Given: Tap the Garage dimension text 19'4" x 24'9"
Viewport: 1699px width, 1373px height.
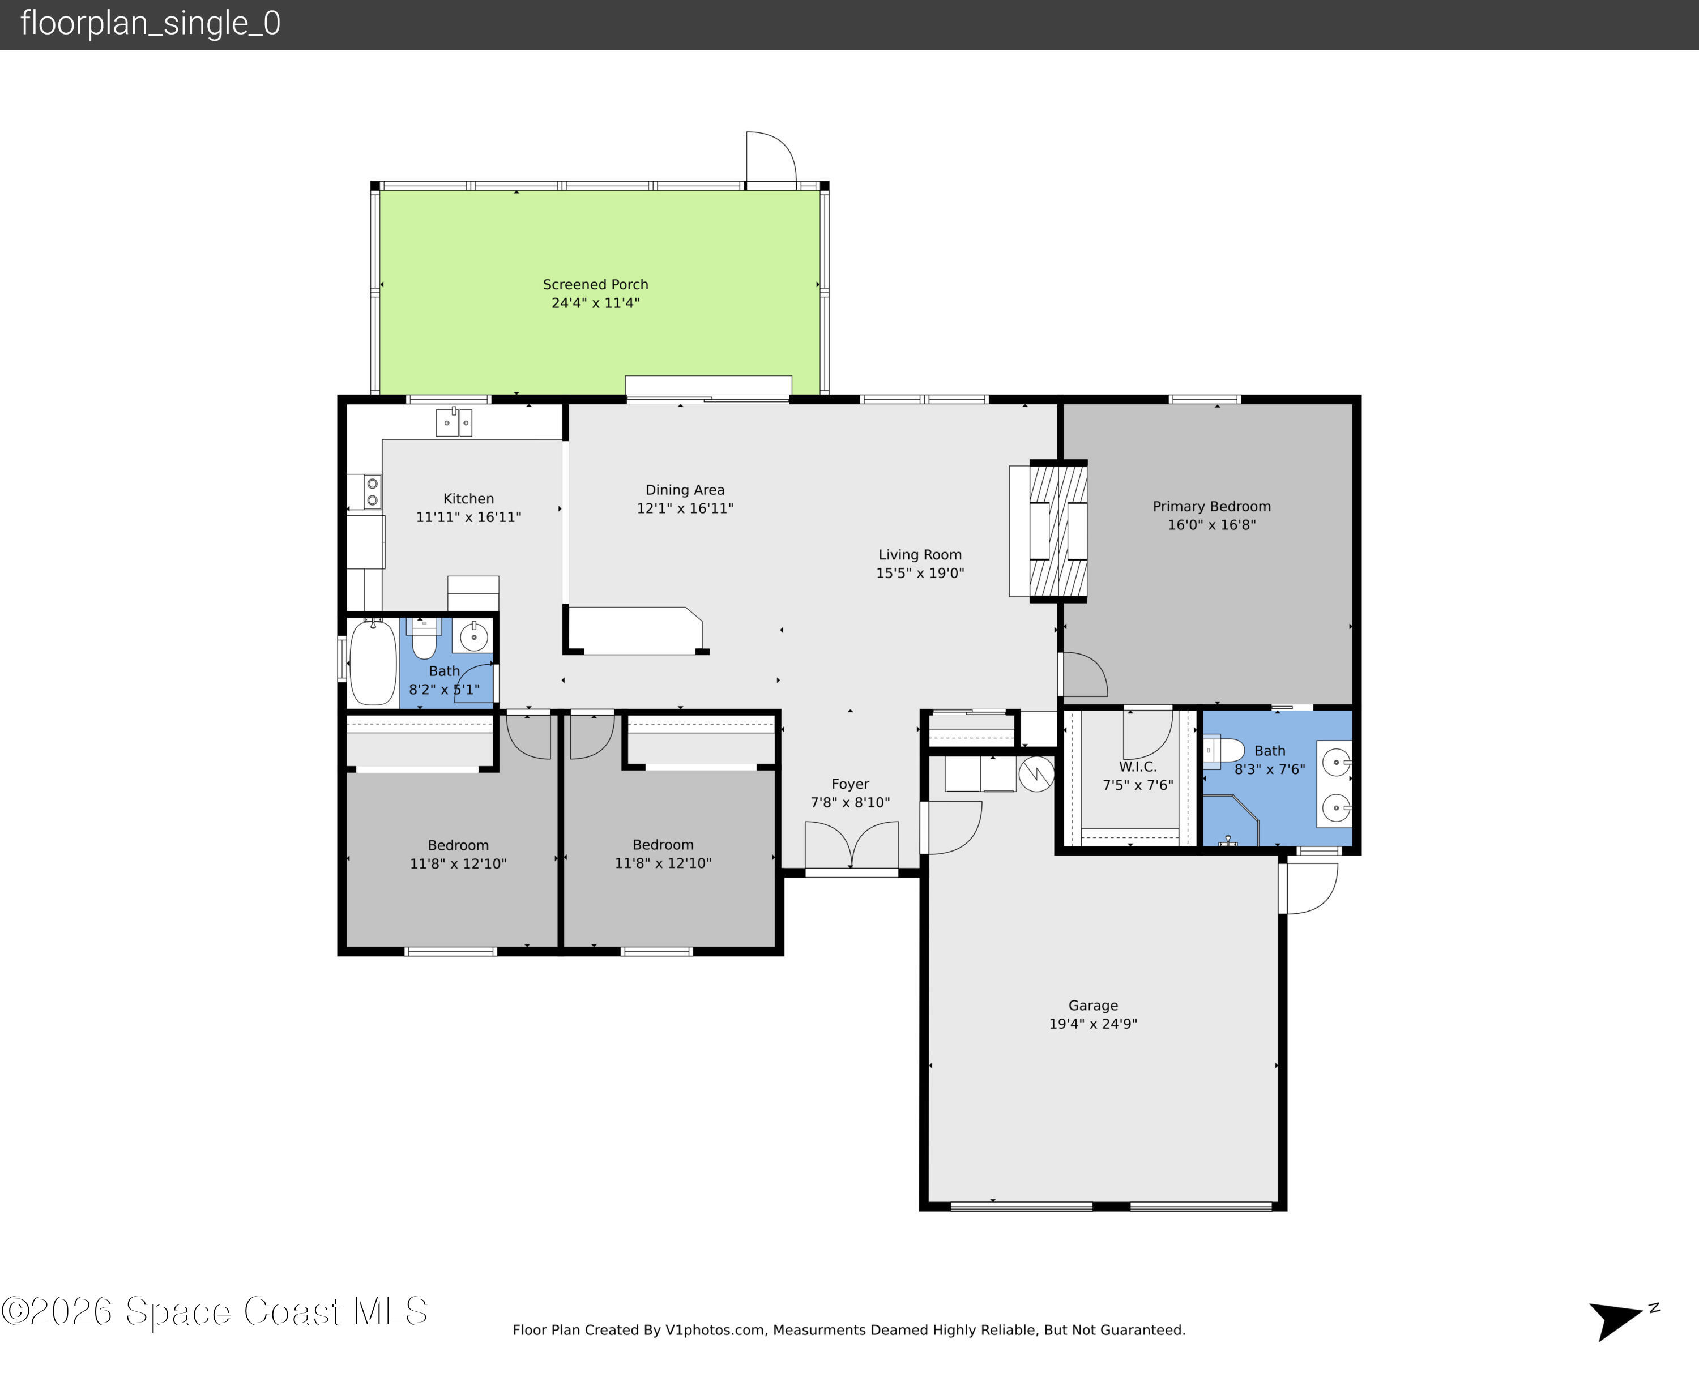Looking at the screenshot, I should [x=1092, y=1024].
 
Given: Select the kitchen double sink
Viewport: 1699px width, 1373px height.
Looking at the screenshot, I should [x=454, y=422].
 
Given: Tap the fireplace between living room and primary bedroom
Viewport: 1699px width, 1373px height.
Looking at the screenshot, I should [x=1057, y=531].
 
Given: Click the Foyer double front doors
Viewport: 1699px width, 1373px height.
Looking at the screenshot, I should [x=851, y=846].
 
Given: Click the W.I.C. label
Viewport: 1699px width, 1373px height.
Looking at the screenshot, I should [x=1137, y=767].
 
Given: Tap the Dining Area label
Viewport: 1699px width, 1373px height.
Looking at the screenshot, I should [x=684, y=490].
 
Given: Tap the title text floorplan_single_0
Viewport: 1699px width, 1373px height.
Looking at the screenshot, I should [x=150, y=24].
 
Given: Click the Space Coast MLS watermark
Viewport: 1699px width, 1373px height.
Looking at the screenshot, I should [x=214, y=1311].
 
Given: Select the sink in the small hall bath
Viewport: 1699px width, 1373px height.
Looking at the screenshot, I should [x=474, y=636].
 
